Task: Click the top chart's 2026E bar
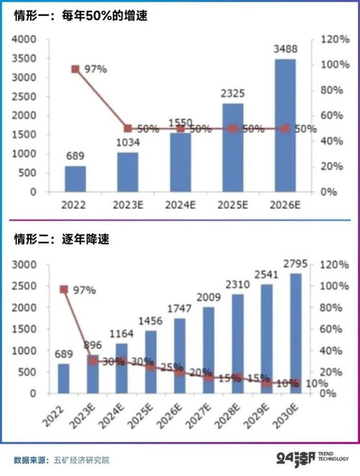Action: tap(285, 126)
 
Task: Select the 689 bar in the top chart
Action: tap(75, 179)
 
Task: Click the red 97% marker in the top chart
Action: tap(75, 69)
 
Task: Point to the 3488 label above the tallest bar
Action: tap(285, 50)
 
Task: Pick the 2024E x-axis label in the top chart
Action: tap(180, 206)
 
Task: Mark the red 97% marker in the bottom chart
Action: tap(64, 289)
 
